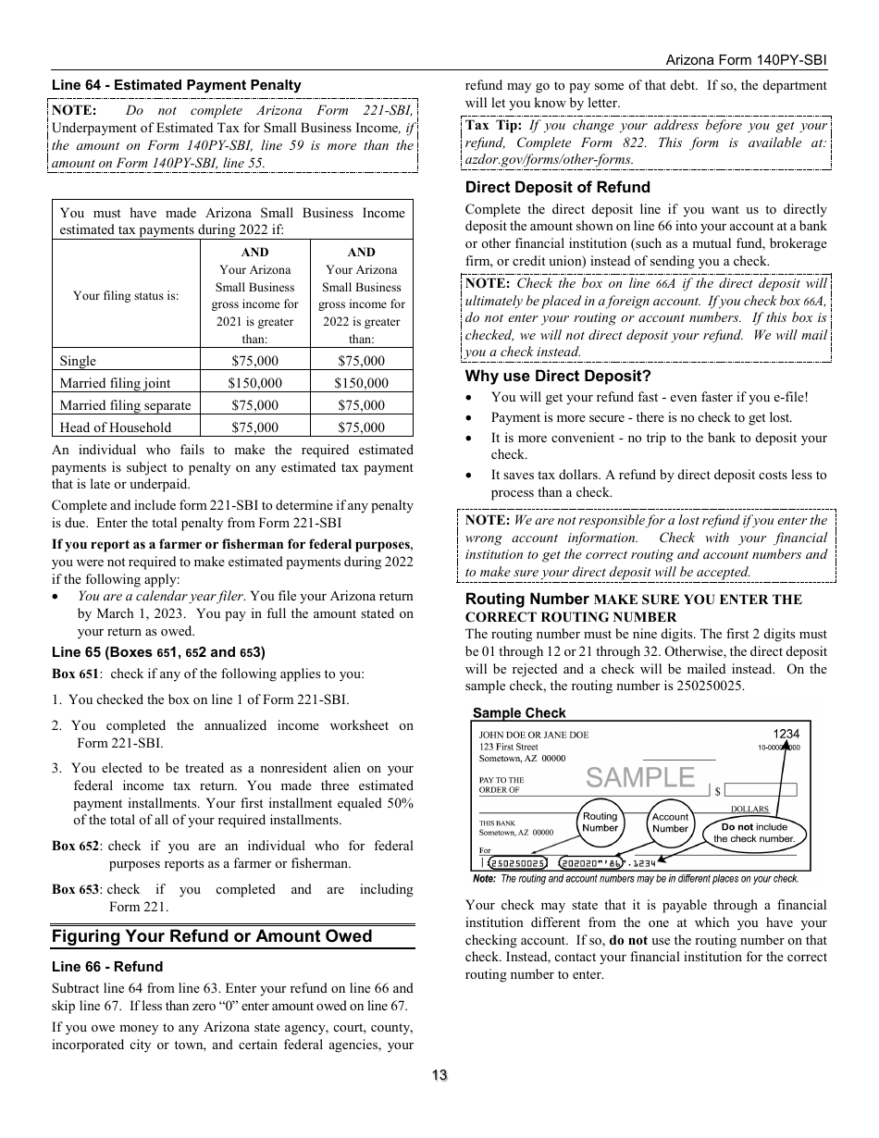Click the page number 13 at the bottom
pyautogui.click(x=439, y=1075)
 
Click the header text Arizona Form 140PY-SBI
pyautogui.click(x=746, y=59)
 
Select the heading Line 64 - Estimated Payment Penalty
pyautogui.click(x=176, y=85)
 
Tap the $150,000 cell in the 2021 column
pyautogui.click(x=254, y=383)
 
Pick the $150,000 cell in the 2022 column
pyautogui.click(x=361, y=383)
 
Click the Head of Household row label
pyautogui.click(x=116, y=427)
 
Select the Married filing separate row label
pyautogui.click(x=125, y=405)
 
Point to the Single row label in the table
pyautogui.click(x=78, y=361)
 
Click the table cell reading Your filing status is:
pyautogui.click(x=126, y=296)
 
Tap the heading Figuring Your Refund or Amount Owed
pyautogui.click(x=212, y=936)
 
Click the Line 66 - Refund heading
pyautogui.click(x=107, y=967)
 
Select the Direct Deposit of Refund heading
pyautogui.click(x=557, y=188)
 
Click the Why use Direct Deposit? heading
pyautogui.click(x=558, y=376)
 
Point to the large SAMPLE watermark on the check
pyautogui.click(x=640, y=777)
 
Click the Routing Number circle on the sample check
pyautogui.click(x=600, y=822)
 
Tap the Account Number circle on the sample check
pyautogui.click(x=670, y=823)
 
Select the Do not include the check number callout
pyautogui.click(x=754, y=833)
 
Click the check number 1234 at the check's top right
pyautogui.click(x=786, y=734)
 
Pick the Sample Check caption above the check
pyautogui.click(x=519, y=713)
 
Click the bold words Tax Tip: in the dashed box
pyautogui.click(x=493, y=125)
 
